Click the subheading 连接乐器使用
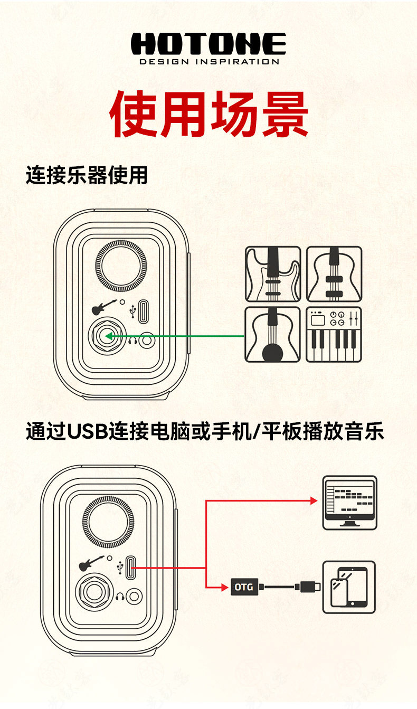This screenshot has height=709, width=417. tap(87, 175)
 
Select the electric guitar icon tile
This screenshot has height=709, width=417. tap(272, 274)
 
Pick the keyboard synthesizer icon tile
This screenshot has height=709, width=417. tap(334, 334)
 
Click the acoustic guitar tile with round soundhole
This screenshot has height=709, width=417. tap(272, 334)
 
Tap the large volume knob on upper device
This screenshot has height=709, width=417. tap(120, 266)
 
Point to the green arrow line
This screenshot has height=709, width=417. tap(179, 336)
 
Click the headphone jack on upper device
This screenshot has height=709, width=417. tap(146, 339)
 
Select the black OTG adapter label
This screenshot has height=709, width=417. tap(243, 586)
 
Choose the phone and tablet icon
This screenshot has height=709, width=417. tap(349, 587)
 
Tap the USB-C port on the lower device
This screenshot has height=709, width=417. tap(132, 569)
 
